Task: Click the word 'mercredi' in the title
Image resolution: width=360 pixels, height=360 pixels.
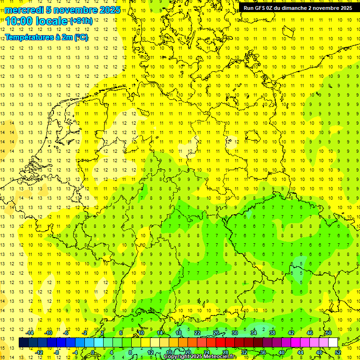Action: pos(24,9)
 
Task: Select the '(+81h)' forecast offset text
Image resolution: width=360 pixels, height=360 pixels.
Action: pos(81,21)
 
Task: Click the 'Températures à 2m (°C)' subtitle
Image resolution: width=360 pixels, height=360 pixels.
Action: pos(46,37)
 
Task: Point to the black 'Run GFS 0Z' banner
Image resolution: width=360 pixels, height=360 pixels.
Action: pos(298,8)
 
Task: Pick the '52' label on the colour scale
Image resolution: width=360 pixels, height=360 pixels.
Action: pos(338,352)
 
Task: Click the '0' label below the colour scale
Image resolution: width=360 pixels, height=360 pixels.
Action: pos(93,352)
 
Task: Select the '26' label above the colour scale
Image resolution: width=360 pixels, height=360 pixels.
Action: pos(216,333)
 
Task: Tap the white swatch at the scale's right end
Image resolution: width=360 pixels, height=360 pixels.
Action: pos(333,343)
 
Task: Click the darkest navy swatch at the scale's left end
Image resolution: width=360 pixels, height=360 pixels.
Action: pos(23,343)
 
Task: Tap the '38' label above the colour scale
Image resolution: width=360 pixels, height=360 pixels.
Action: pos(272,333)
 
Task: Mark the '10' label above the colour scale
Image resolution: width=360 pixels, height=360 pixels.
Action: pos(141,333)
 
